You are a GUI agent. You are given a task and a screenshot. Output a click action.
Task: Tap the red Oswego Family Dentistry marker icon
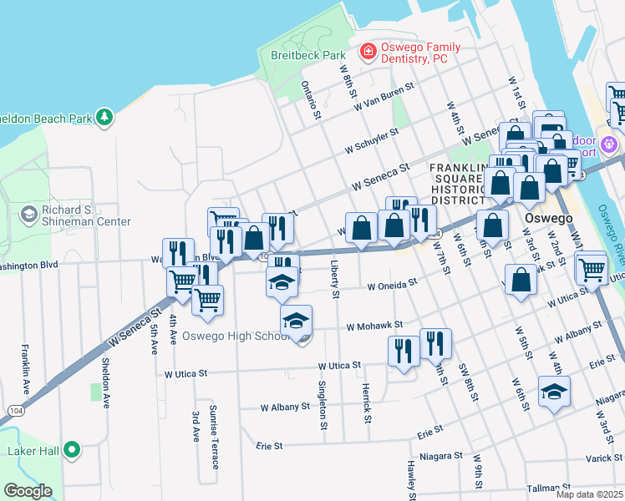(x=367, y=52)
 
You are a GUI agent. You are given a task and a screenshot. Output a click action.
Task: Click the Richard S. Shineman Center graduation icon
(x=28, y=215)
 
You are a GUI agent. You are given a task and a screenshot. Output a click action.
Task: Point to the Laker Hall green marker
(x=72, y=451)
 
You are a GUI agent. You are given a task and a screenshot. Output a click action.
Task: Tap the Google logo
(x=28, y=491)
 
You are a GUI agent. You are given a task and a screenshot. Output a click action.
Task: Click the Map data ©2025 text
(x=590, y=494)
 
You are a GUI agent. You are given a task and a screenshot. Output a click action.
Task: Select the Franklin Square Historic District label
(x=457, y=185)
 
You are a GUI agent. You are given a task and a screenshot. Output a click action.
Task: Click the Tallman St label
(x=548, y=488)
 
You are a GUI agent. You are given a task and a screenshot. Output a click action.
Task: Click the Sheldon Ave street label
(x=105, y=382)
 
